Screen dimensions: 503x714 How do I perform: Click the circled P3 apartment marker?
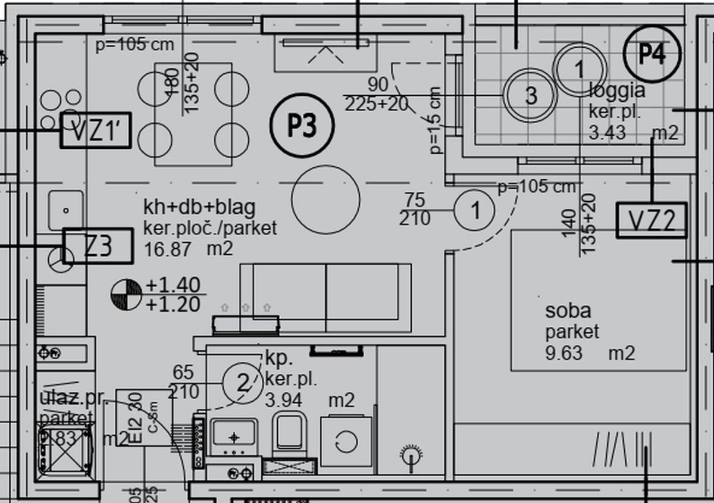click(302, 126)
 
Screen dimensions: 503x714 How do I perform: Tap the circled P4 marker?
click(652, 54)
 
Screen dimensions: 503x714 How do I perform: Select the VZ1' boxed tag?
click(95, 130)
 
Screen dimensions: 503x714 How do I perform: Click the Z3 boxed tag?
click(98, 246)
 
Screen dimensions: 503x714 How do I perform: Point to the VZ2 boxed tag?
click(652, 221)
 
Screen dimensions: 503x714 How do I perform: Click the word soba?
click(568, 311)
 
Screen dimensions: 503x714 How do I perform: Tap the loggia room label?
click(616, 90)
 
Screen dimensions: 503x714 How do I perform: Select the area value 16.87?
click(168, 249)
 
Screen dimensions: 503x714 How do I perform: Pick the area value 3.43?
click(607, 132)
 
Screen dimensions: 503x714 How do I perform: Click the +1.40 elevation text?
click(173, 285)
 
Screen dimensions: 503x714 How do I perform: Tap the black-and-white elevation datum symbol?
click(126, 295)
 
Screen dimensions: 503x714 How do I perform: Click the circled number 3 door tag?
click(530, 95)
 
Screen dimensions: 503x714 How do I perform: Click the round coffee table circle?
click(325, 200)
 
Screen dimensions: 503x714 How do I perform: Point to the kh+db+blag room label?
click(199, 207)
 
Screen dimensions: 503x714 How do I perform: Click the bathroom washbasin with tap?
click(234, 435)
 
